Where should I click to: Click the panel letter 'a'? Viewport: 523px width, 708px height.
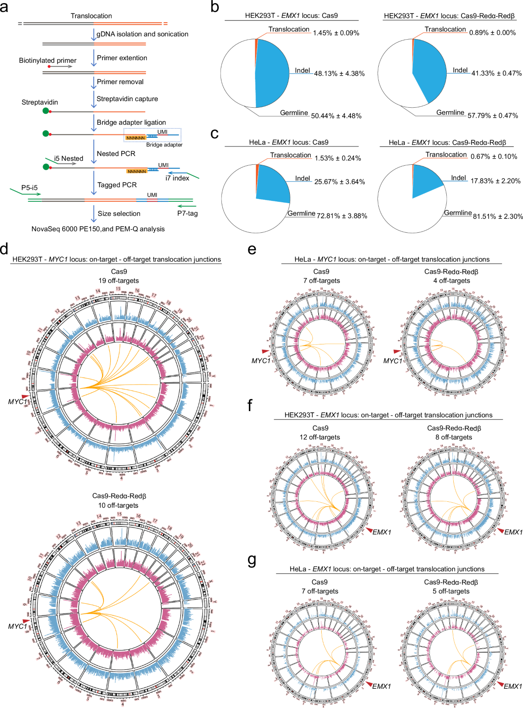[4, 7]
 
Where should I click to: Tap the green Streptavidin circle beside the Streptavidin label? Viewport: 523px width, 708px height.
[46, 111]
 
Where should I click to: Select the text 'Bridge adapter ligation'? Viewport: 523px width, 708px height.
[131, 123]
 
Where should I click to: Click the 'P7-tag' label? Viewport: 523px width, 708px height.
[187, 213]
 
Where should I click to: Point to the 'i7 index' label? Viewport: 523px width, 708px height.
[177, 178]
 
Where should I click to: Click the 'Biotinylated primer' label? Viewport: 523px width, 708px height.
[48, 60]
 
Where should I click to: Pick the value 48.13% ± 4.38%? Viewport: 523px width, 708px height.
[339, 74]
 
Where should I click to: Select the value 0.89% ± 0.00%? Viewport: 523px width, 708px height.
[492, 33]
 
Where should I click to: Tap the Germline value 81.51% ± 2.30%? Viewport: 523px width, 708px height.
[498, 216]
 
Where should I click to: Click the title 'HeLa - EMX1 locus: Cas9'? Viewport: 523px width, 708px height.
[289, 142]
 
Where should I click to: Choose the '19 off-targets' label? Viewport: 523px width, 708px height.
[119, 281]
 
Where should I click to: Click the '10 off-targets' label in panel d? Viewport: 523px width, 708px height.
[118, 505]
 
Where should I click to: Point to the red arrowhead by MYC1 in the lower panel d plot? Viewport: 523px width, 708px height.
[26, 621]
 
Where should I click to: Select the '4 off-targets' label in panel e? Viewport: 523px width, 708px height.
[452, 281]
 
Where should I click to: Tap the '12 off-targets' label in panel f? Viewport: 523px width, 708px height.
[319, 437]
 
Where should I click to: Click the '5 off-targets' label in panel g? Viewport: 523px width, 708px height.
[451, 591]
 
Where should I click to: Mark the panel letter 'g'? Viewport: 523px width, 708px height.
[252, 559]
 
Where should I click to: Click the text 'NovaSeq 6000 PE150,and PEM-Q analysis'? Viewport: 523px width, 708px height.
[98, 229]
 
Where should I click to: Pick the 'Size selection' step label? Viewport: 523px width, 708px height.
[119, 214]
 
